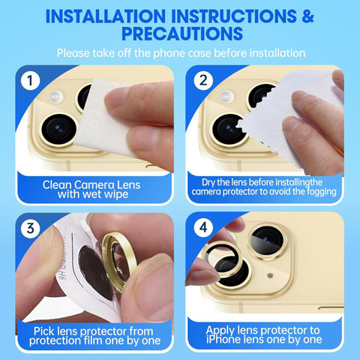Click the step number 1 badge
(31, 80)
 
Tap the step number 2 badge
(203, 80)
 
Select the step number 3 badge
(31, 228)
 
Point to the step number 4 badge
(203, 227)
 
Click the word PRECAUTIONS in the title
(182, 34)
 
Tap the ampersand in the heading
(307, 16)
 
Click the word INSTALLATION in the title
(106, 16)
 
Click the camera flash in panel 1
(56, 97)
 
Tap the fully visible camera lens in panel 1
(59, 129)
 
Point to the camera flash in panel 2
(226, 97)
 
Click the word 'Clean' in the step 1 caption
(57, 184)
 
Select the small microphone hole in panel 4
(270, 275)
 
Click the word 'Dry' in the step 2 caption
(208, 183)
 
